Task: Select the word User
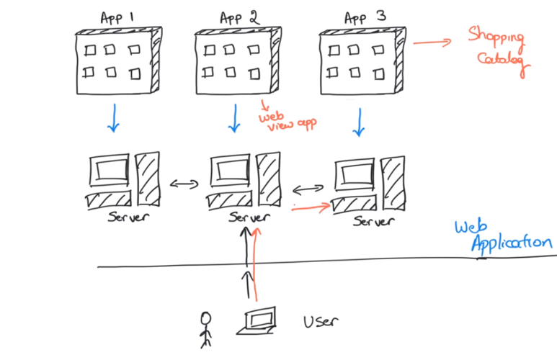321,321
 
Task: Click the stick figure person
207,329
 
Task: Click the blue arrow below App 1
113,117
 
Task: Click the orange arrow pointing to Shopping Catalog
432,42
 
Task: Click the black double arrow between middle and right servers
308,189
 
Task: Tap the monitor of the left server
108,172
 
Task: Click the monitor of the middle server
231,172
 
